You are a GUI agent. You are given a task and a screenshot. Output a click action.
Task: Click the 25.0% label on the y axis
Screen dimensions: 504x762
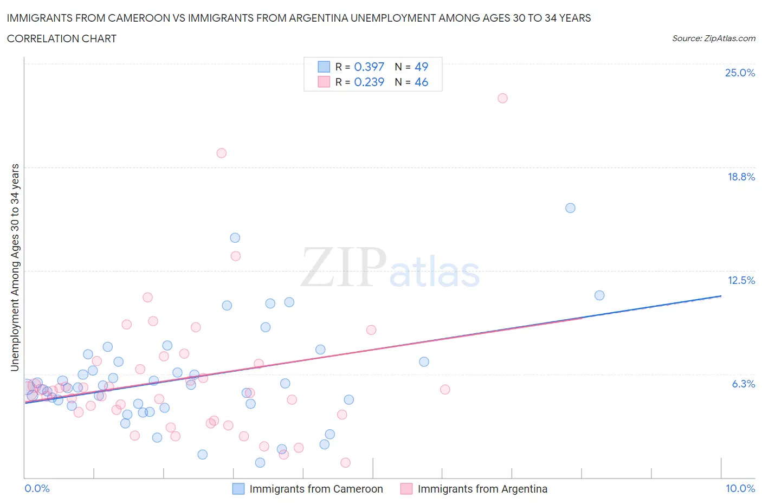740,73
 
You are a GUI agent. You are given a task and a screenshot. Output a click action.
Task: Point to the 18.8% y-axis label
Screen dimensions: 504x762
741,177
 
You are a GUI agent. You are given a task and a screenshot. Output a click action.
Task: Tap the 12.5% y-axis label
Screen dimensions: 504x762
741,280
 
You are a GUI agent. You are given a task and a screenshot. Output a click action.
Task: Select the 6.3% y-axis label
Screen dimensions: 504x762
743,384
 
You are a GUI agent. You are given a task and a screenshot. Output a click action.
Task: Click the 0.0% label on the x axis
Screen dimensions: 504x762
37,488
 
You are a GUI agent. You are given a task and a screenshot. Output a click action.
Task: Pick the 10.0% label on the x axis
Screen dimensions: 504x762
740,488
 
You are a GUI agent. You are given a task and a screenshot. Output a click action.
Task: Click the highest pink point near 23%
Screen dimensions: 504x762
502,98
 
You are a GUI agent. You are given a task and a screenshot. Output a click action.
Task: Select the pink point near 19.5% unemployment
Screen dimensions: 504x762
221,153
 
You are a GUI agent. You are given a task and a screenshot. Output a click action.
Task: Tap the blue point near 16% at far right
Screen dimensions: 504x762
570,208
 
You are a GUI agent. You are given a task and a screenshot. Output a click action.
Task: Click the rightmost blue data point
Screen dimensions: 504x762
599,295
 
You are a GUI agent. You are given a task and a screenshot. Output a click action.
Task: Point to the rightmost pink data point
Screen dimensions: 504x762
502,98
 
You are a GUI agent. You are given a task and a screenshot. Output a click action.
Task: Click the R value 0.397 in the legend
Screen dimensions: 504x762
369,67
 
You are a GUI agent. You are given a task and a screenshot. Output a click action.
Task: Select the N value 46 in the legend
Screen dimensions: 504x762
421,82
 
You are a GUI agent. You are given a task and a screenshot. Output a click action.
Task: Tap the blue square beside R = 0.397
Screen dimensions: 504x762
324,67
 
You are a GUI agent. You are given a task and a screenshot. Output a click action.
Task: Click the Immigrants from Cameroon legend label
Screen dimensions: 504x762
316,489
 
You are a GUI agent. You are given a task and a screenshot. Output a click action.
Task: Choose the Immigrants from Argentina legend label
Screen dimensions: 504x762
482,489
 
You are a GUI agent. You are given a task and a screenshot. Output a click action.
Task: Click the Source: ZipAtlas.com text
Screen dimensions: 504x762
713,38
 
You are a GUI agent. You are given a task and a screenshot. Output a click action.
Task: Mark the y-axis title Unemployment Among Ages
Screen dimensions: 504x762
15,267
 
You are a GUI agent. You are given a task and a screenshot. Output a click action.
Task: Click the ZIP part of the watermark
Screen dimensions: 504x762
343,267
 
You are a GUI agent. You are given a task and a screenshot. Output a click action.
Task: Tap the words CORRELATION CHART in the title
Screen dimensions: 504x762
62,38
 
